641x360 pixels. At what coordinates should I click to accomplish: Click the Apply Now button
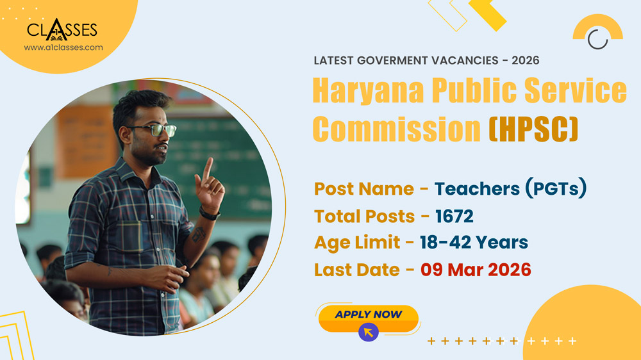pos(368,315)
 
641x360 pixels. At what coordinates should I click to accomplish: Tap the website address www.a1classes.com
pos(63,47)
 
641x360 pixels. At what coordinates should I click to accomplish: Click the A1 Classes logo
pos(62,29)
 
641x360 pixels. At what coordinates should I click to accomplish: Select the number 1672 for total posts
pos(454,217)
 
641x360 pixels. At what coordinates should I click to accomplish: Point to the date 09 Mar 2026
pos(476,270)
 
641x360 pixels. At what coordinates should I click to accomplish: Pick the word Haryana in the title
pos(368,91)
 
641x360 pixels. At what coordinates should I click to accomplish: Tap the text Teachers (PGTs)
pos(511,189)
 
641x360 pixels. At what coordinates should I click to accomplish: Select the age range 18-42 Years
pos(474,243)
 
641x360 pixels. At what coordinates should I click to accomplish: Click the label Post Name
pos(363,189)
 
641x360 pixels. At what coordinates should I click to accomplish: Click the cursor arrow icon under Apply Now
pos(368,332)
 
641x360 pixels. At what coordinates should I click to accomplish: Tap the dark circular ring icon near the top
pos(597,39)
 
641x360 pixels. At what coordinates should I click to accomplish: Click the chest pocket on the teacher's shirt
pos(132,234)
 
